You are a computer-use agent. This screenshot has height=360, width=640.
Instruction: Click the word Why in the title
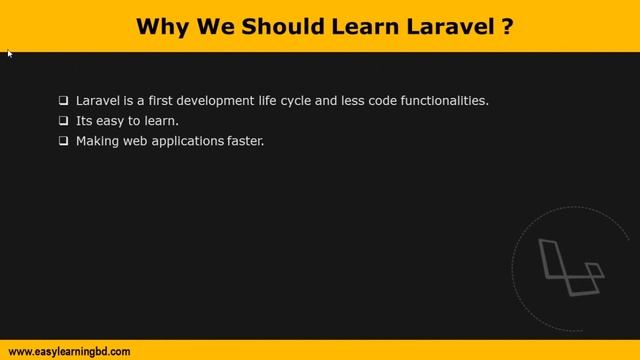161,25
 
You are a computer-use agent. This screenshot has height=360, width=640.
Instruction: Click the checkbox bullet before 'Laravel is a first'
64,101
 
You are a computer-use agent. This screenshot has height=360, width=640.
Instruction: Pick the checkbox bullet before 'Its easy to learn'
64,121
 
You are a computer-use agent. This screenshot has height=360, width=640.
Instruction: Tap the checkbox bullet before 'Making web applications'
64,141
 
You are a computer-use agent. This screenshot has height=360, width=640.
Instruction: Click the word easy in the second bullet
112,121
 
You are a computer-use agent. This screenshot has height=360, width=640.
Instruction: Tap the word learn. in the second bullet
160,121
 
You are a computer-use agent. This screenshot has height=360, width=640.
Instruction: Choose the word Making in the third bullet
97,141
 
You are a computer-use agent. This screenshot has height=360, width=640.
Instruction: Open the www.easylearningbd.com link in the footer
69,351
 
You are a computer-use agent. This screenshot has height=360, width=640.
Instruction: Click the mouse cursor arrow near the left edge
10,54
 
